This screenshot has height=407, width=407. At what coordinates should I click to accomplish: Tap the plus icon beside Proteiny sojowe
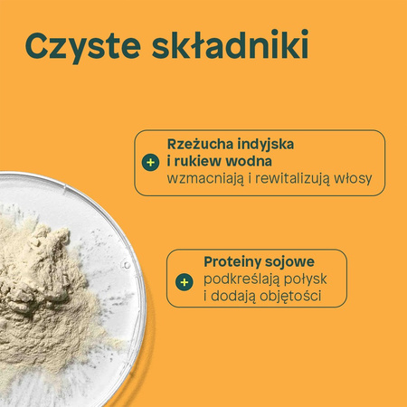(185, 281)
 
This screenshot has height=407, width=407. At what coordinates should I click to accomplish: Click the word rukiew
(198, 162)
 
